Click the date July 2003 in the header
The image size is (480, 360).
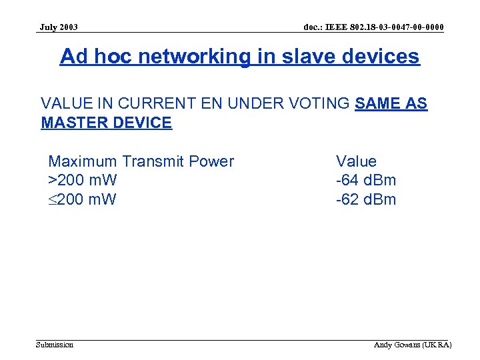coord(59,27)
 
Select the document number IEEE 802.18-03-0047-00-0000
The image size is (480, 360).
coord(373,27)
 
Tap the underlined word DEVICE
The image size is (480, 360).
coord(145,123)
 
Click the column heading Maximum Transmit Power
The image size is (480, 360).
coord(141,161)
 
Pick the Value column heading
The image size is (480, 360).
coord(356,161)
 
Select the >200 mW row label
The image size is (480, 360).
coord(83,180)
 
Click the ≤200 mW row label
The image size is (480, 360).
coord(83,199)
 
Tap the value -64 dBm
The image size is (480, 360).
coord(365,180)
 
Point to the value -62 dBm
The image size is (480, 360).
coord(365,199)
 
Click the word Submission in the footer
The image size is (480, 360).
coord(55,345)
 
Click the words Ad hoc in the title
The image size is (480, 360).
coord(91,57)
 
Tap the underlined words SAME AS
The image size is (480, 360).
coord(391,104)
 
